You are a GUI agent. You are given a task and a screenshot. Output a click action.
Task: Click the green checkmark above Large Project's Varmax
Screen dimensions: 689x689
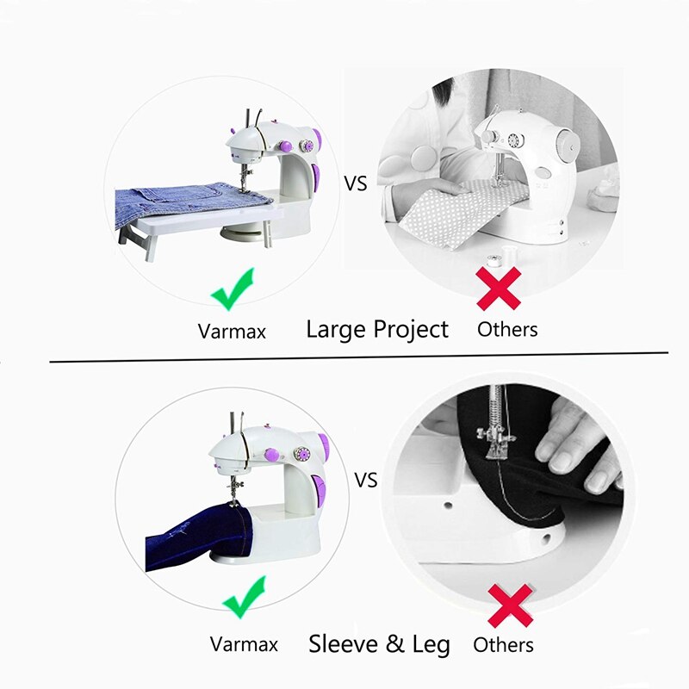pos(233,288)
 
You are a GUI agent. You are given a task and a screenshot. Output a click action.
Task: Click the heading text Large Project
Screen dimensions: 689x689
pos(377,329)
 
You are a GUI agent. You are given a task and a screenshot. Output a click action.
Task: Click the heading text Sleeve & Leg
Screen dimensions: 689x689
pos(379,644)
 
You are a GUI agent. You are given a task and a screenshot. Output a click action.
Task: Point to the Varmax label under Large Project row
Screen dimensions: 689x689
pos(233,330)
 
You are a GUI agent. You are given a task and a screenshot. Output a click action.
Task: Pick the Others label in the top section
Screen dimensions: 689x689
pos(507,329)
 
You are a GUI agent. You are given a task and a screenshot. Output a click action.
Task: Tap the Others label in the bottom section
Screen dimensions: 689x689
pos(504,644)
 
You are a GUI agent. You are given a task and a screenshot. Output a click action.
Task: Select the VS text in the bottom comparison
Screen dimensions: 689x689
pos(366,481)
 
